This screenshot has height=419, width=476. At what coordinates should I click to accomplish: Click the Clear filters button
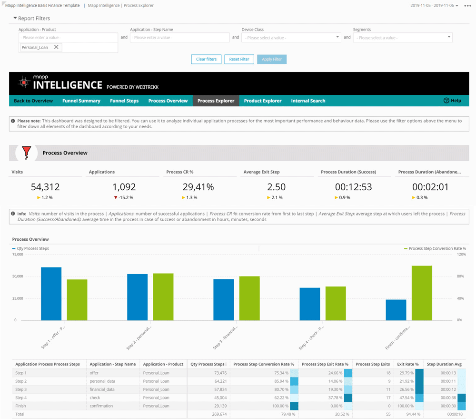pos(206,59)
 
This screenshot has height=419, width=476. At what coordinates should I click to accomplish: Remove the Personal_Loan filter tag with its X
pos(56,47)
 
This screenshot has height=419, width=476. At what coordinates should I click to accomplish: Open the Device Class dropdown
pos(291,38)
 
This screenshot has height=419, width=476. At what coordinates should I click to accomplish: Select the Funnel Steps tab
pos(124,101)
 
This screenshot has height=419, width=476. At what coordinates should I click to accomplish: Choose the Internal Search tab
pos(308,101)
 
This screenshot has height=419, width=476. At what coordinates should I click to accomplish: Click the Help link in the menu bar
pos(452,101)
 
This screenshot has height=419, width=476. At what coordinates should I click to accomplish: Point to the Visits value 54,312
pos(45,187)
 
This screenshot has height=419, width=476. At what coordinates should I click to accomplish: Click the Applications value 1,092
pos(124,187)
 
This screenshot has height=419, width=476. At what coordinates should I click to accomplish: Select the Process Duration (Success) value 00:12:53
pos(353,187)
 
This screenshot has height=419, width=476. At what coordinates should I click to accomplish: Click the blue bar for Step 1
pos(51,294)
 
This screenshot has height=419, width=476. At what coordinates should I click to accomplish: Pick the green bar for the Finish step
pos(422,293)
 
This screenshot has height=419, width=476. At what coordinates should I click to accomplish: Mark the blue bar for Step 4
pos(309,304)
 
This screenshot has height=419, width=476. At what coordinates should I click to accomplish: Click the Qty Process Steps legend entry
pos(31,248)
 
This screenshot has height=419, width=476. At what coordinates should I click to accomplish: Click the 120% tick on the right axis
pos(461,255)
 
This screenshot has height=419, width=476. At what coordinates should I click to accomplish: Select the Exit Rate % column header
pos(408,364)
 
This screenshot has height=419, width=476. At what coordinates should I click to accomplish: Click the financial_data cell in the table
pos(102,389)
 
